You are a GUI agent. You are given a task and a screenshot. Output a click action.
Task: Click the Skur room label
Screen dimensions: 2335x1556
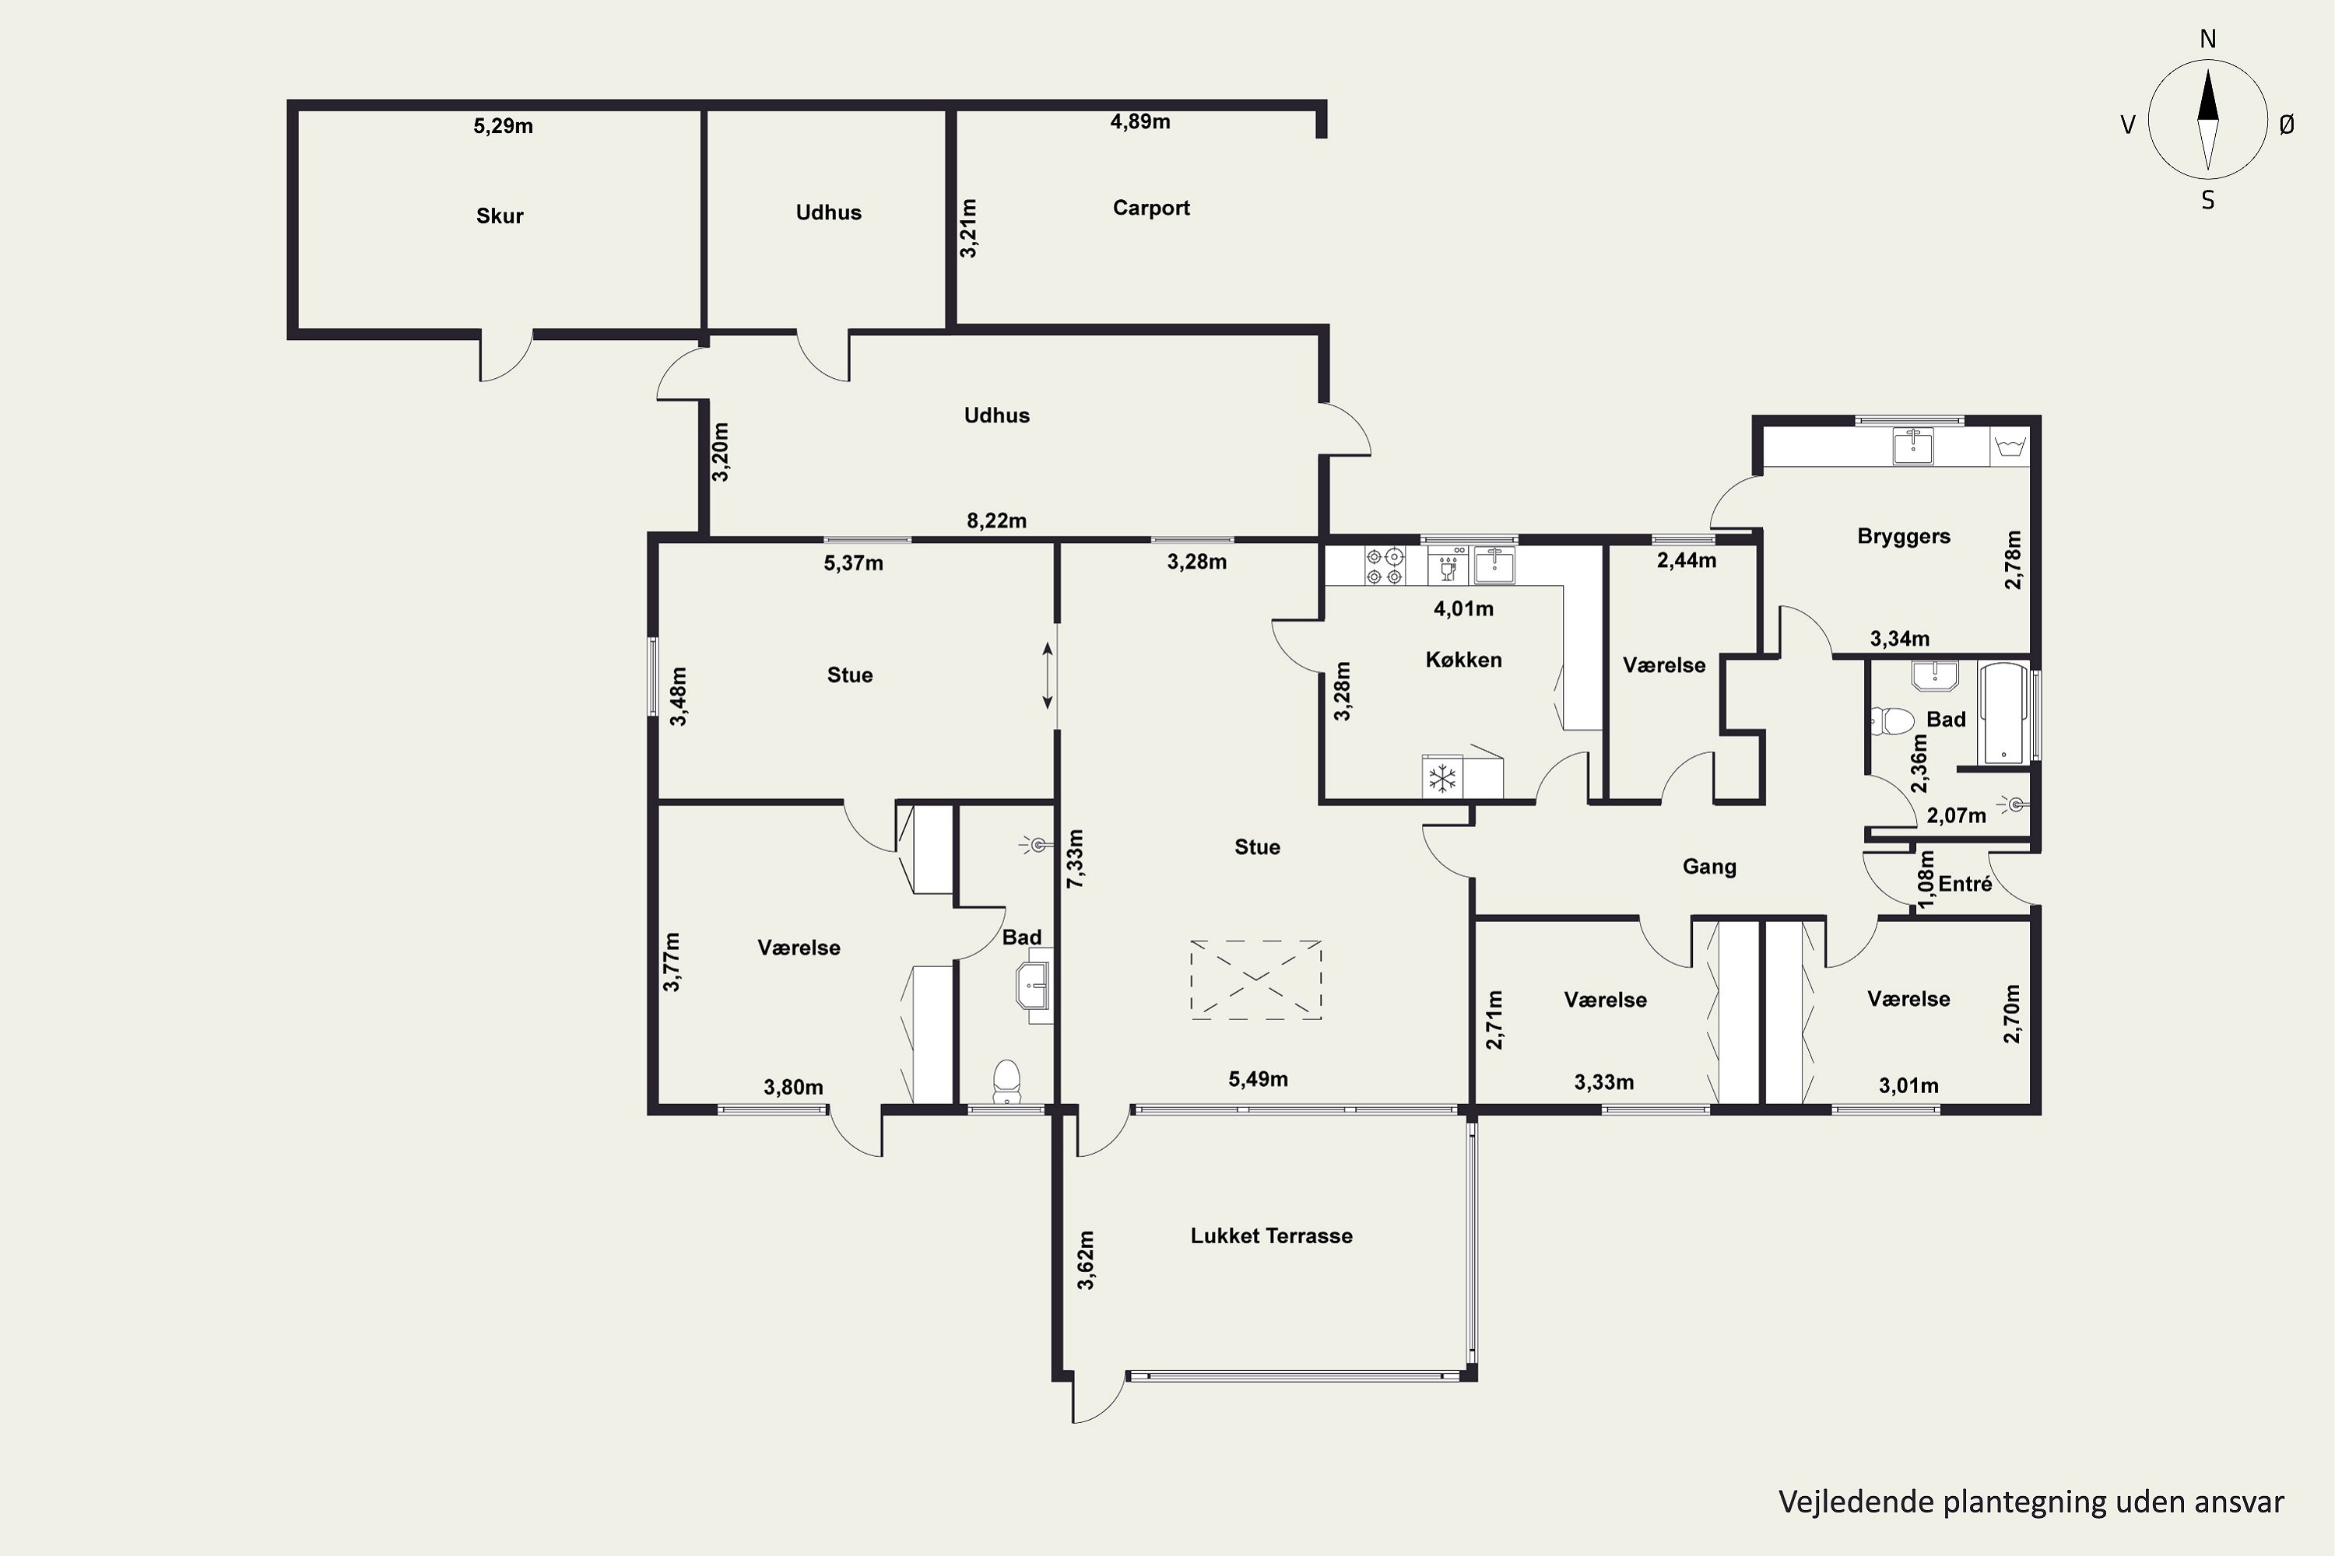click(x=500, y=216)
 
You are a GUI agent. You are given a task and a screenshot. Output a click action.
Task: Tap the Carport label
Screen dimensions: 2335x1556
click(x=1150, y=209)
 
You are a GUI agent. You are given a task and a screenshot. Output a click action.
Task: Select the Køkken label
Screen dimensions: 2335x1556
click(x=1463, y=660)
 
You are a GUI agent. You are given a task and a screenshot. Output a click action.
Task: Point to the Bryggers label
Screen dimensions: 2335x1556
click(x=1903, y=537)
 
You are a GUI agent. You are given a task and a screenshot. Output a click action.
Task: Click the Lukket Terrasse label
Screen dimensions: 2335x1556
click(x=1271, y=1236)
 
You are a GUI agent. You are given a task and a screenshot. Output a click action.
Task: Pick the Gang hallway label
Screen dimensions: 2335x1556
click(x=1708, y=867)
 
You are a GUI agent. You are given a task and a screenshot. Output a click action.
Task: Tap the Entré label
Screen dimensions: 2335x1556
click(x=1965, y=883)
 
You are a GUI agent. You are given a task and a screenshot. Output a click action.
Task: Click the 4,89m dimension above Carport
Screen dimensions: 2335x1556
click(x=1139, y=122)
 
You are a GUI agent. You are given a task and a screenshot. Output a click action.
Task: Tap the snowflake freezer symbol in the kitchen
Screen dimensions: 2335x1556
click(x=1441, y=778)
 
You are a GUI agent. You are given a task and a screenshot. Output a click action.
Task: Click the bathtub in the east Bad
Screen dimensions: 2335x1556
click(x=2003, y=713)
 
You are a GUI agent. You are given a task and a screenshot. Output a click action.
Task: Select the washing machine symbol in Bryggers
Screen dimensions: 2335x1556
click(x=2010, y=446)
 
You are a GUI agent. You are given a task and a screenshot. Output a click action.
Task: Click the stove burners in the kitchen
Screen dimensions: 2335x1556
click(x=1384, y=566)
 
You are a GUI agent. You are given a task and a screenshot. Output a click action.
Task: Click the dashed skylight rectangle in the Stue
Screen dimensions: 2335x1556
click(x=1256, y=980)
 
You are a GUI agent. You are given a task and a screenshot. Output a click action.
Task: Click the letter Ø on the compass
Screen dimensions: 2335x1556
click(x=2287, y=125)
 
